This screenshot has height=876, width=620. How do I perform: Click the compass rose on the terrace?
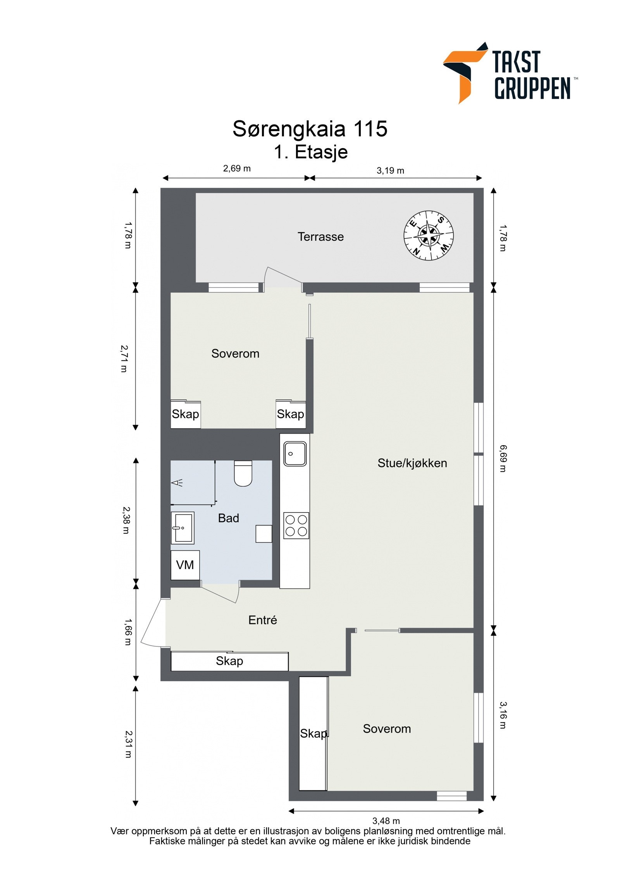pyautogui.click(x=428, y=235)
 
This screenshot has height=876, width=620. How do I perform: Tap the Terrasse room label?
pyautogui.click(x=320, y=237)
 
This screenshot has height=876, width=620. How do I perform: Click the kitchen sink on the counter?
pyautogui.click(x=295, y=454)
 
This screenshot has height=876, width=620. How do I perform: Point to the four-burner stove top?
pyautogui.click(x=296, y=525)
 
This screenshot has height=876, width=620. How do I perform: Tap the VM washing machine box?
pyautogui.click(x=185, y=565)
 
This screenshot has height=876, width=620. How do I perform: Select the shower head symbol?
pyautogui.click(x=177, y=482)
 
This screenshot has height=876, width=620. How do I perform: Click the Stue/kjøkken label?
pyautogui.click(x=412, y=463)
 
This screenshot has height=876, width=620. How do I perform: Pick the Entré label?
pyautogui.click(x=262, y=620)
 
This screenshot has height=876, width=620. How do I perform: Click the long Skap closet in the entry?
pyautogui.click(x=229, y=661)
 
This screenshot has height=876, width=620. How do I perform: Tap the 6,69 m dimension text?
pyautogui.click(x=503, y=458)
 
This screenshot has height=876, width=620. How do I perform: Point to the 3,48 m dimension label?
pyautogui.click(x=386, y=820)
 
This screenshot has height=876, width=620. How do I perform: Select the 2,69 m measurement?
pyautogui.click(x=237, y=168)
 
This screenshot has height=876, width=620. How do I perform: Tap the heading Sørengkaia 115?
pyautogui.click(x=310, y=129)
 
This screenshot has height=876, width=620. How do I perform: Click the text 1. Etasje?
pyautogui.click(x=310, y=152)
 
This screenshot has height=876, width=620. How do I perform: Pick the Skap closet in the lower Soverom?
pyautogui.click(x=313, y=733)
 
